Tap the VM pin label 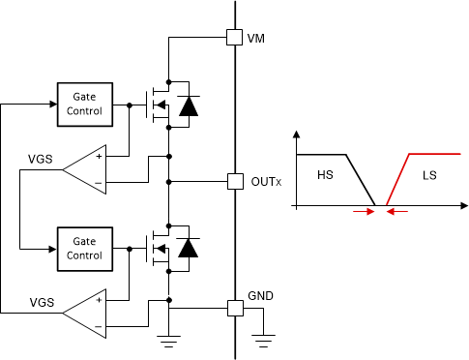[256, 38]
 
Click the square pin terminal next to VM [233, 38]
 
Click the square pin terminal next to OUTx [233, 181]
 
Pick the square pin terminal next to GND [233, 309]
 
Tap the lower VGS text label [40, 301]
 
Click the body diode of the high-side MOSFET [189, 104]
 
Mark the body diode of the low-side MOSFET [189, 249]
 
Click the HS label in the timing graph [324, 176]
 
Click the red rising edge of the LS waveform [398, 180]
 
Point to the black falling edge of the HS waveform [360, 180]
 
